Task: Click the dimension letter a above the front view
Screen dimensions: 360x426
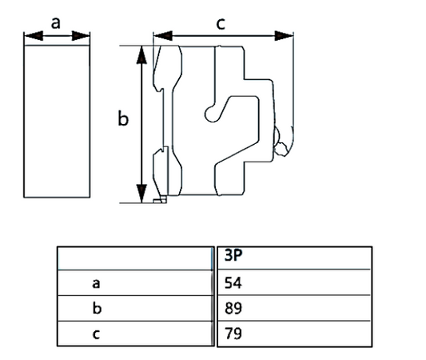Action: pos(56,22)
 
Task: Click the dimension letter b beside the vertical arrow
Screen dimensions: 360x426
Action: pos(123,119)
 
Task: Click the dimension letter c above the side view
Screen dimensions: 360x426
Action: pos(221,23)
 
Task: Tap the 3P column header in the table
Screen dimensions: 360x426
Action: pos(234,257)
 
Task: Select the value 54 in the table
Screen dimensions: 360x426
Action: pos(233,282)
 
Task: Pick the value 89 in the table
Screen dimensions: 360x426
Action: pos(233,308)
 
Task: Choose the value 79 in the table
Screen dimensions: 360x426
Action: pos(233,334)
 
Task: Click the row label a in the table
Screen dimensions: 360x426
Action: pos(97,282)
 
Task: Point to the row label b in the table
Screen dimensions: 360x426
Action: pos(97,308)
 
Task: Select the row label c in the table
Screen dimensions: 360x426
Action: pos(97,334)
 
